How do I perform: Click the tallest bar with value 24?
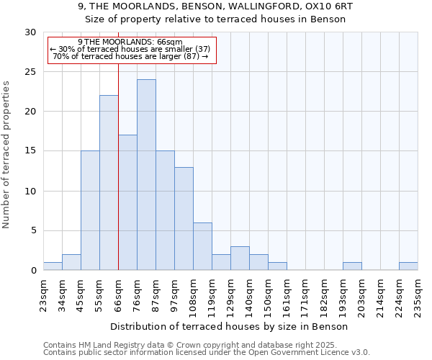pyautogui.click(x=146, y=175)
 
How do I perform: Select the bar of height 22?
pyautogui.click(x=109, y=183)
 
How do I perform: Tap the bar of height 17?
pyautogui.click(x=127, y=202)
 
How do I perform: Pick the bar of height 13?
pyautogui.click(x=184, y=218)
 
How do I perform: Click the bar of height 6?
pyautogui.click(x=202, y=246)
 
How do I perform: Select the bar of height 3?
pyautogui.click(x=240, y=258)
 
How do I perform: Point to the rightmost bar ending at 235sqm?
pyautogui.click(x=408, y=266)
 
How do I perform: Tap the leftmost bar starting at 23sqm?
pyautogui.click(x=53, y=266)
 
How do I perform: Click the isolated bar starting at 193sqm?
pyautogui.click(x=352, y=266)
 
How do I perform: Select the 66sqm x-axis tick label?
pyautogui.click(x=118, y=293)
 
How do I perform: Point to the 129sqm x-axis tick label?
pyautogui.click(x=230, y=295)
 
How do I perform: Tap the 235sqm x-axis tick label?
pyautogui.click(x=418, y=295)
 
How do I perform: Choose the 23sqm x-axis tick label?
pyautogui.click(x=43, y=293)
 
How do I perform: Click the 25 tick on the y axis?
pyautogui.click(x=31, y=72)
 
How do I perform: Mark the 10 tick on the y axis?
pyautogui.click(x=31, y=191)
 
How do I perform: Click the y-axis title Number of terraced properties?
pyautogui.click(x=6, y=154)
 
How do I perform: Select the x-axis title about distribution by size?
pyautogui.click(x=230, y=326)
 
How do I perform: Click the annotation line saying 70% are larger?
pyautogui.click(x=131, y=56)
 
